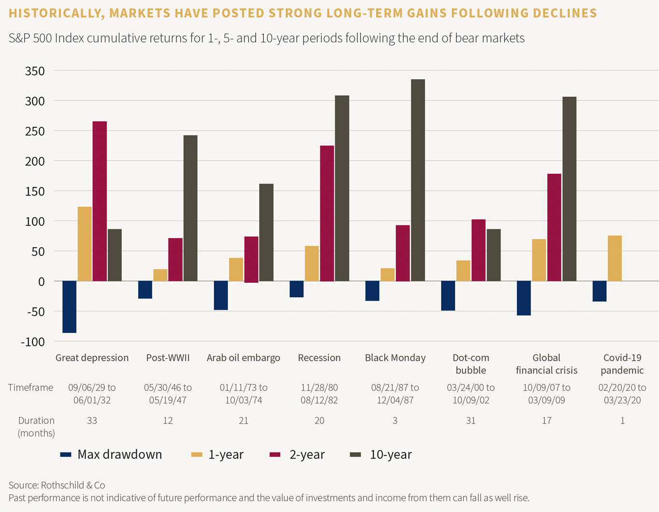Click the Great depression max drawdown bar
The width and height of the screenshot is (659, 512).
click(x=70, y=307)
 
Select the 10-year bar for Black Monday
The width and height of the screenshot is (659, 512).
click(x=417, y=180)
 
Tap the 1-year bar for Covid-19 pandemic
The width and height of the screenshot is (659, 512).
click(x=615, y=258)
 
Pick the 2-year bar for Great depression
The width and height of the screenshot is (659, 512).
click(x=100, y=201)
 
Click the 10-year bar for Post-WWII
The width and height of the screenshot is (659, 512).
click(x=190, y=208)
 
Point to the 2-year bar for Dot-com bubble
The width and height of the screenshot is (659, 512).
click(x=478, y=250)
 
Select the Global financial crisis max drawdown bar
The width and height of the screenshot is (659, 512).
click(x=524, y=298)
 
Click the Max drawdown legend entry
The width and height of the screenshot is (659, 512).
click(x=111, y=455)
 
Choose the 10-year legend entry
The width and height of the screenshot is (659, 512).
click(x=381, y=455)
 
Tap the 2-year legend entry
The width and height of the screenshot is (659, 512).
click(x=297, y=455)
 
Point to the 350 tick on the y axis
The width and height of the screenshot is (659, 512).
click(x=35, y=71)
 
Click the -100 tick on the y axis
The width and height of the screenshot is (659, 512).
click(x=32, y=342)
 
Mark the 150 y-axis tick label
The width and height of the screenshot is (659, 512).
click(x=35, y=192)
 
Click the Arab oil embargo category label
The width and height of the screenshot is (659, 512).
click(x=244, y=358)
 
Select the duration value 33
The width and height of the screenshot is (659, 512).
click(x=92, y=421)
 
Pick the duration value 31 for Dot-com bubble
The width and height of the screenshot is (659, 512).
click(x=471, y=421)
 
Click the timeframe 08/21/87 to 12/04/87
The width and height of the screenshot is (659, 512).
click(x=395, y=394)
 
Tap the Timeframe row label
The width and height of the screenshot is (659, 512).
click(x=31, y=387)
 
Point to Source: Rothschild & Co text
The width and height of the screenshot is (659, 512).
click(x=57, y=485)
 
